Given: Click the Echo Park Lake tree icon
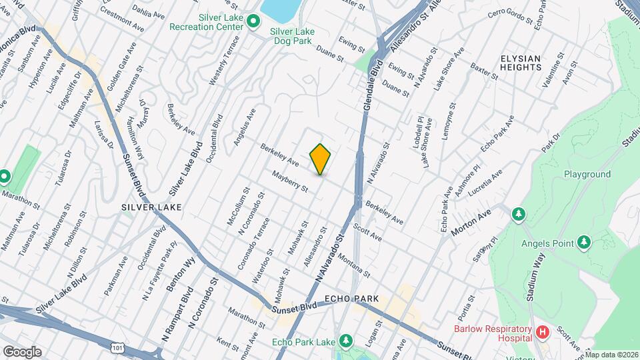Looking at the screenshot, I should pos(345,342).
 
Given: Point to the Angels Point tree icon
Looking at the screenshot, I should pos(584,241).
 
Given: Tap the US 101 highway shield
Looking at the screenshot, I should pos(117,349).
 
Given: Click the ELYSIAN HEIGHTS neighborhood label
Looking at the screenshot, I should pos(521,63).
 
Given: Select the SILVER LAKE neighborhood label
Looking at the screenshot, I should pos(151,207).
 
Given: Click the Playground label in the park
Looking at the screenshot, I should pos(587,175).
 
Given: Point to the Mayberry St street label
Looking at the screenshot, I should pos(289,181).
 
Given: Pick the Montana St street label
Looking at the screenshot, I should pos(354,265).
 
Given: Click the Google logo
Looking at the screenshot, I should pos(21,351).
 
